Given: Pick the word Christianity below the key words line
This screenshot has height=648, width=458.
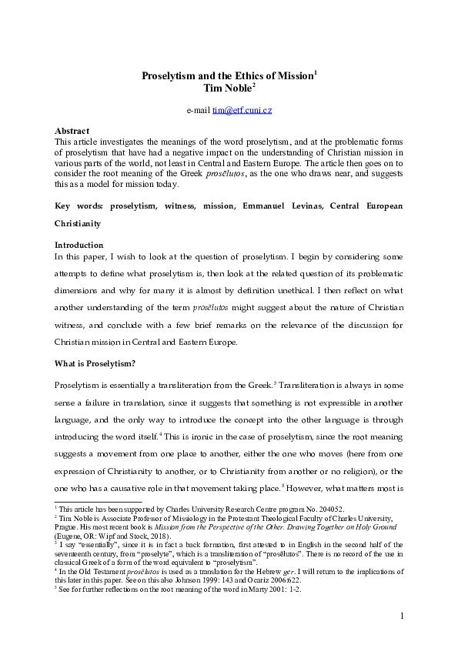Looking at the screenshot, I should click(x=80, y=204).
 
